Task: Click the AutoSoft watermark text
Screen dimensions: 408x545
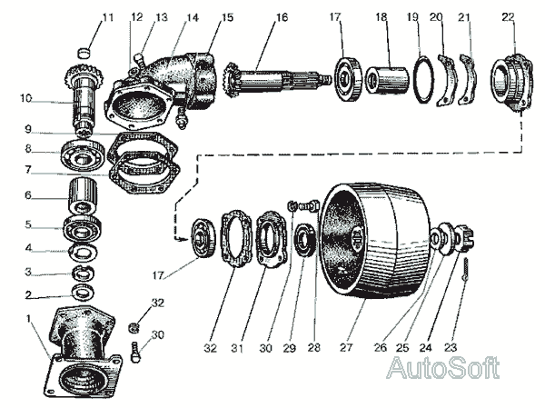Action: pyautogui.click(x=442, y=367)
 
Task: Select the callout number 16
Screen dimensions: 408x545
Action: pyautogui.click(x=281, y=16)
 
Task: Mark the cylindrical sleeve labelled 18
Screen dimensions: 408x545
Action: pyautogui.click(x=388, y=72)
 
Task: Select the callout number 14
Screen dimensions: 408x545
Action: pyautogui.click(x=192, y=16)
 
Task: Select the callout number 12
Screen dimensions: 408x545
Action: pyautogui.click(x=137, y=16)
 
